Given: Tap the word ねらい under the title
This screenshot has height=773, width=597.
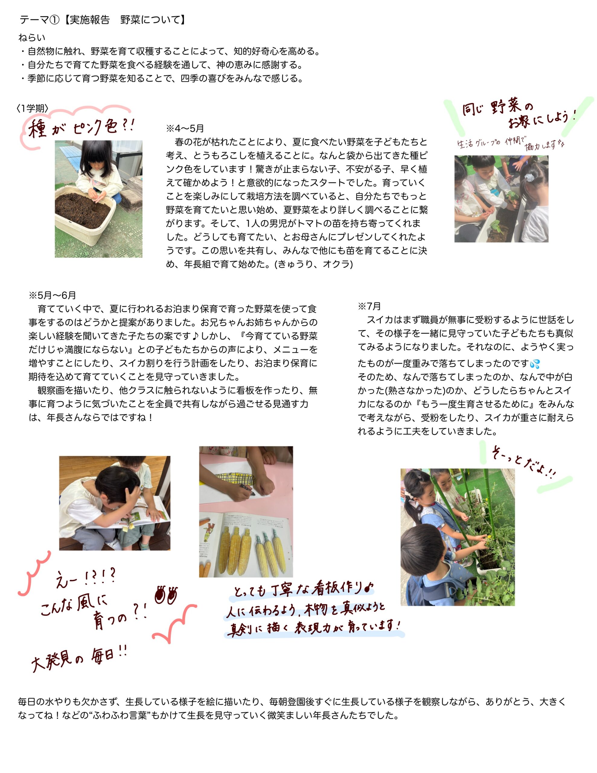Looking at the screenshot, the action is (x=32, y=37).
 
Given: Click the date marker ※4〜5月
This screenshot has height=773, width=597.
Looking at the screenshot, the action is (x=185, y=128).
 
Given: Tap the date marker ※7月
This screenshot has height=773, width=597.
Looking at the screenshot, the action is (x=369, y=306).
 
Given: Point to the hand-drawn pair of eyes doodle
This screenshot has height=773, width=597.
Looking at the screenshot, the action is (x=166, y=595).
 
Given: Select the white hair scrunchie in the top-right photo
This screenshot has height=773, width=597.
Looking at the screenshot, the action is (x=529, y=176).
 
